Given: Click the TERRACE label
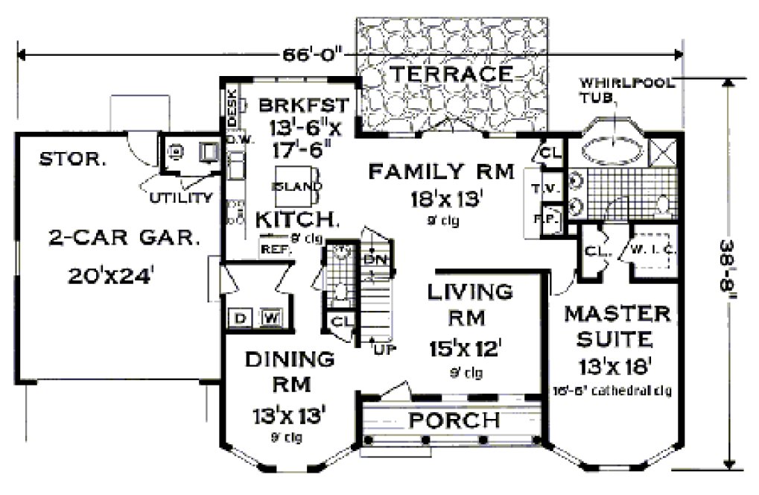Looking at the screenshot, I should click(x=451, y=74).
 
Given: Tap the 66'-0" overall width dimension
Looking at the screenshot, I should click(x=314, y=54).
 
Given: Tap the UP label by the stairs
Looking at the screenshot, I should click(x=383, y=349).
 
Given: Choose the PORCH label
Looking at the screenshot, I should click(x=451, y=420).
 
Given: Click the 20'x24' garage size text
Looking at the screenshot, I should click(x=112, y=276).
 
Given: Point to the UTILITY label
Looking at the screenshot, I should click(x=180, y=198).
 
